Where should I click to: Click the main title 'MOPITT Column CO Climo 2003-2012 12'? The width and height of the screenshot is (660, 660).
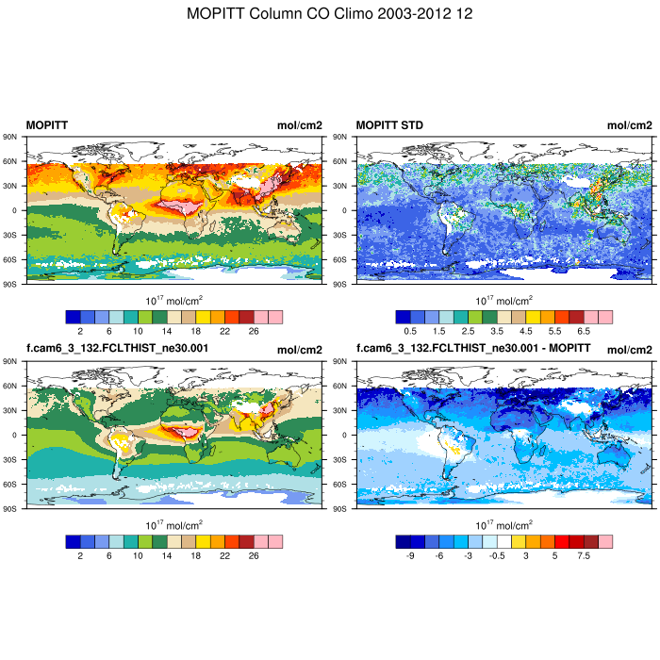[x=330, y=14]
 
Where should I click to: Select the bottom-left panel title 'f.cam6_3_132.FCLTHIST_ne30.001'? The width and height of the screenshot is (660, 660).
[x=118, y=348]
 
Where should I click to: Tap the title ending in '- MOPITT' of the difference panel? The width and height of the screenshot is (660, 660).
[x=474, y=348]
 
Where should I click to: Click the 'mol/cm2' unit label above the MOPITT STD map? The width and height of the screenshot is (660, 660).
[x=629, y=125]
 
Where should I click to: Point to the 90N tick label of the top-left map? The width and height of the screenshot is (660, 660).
[x=13, y=137]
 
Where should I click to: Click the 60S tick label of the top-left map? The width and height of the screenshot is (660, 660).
[x=13, y=259]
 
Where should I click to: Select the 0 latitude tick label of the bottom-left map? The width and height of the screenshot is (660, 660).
[x=17, y=435]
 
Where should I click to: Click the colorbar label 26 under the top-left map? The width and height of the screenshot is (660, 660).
[x=254, y=332]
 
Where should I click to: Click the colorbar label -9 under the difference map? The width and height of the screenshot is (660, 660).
[x=410, y=556]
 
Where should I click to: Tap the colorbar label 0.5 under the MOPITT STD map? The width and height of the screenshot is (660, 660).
[x=410, y=332]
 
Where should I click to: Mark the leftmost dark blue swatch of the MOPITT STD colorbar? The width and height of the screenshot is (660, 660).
[x=403, y=317]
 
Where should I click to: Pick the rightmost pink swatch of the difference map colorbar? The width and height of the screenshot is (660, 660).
[x=605, y=541]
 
